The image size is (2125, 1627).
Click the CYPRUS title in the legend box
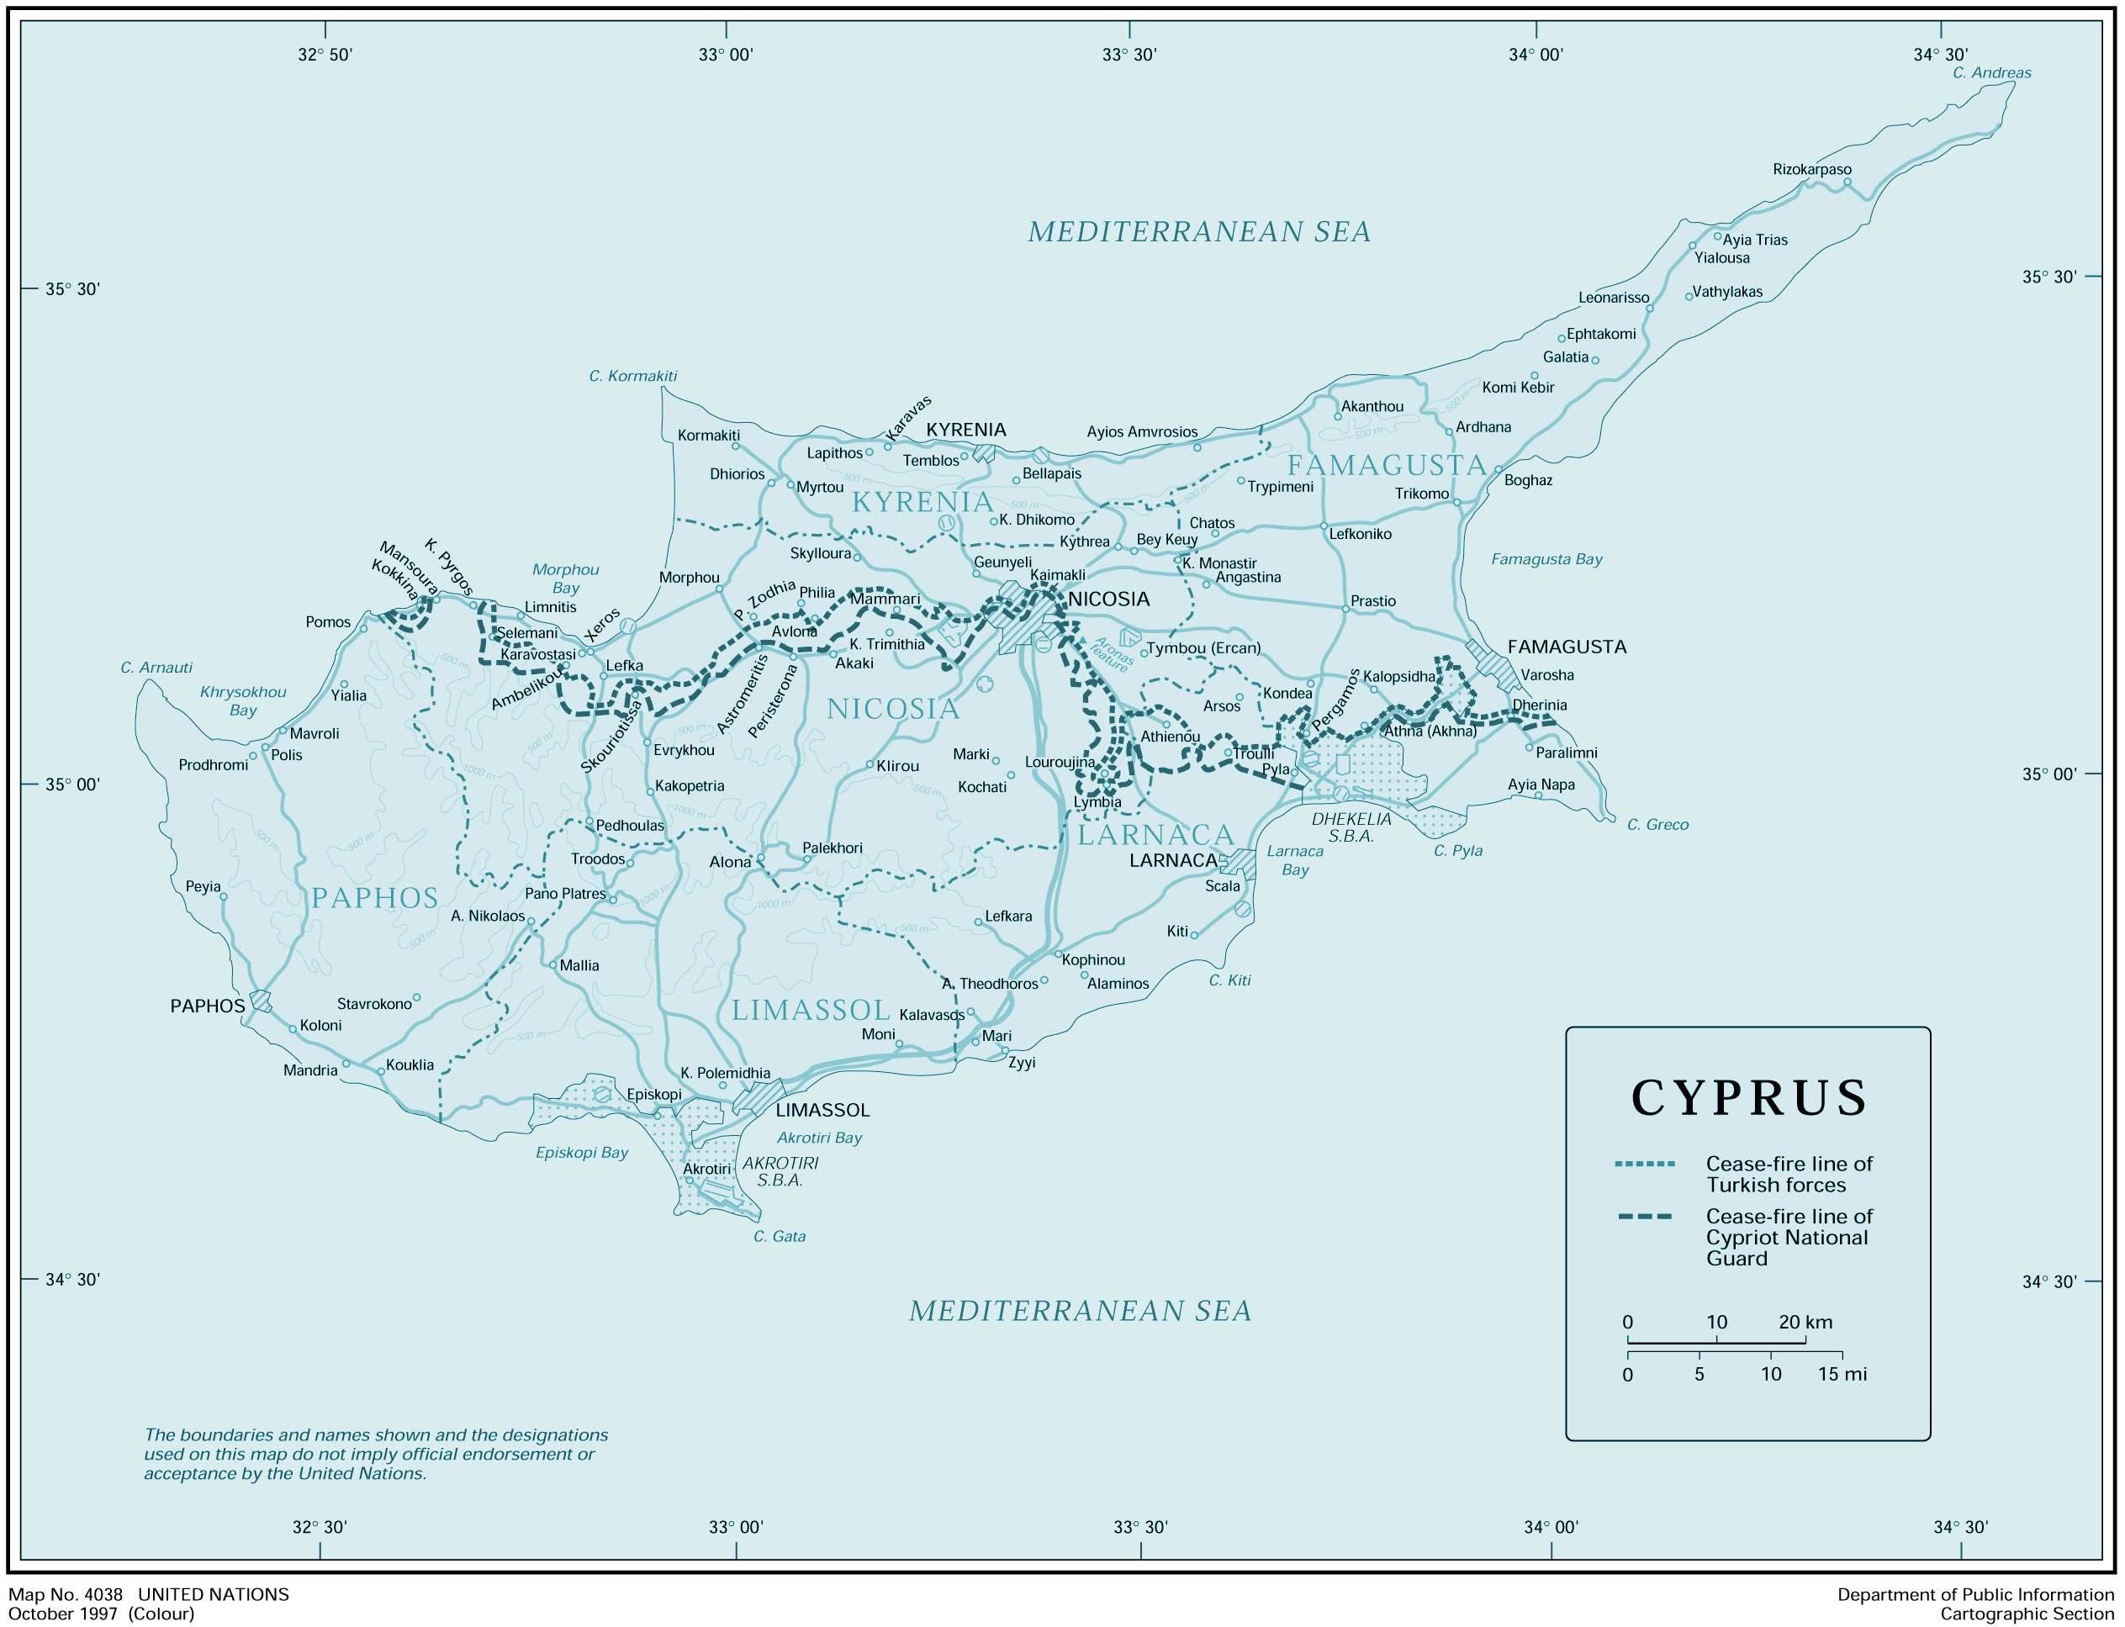point(1748,1098)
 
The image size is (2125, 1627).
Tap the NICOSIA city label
point(1108,600)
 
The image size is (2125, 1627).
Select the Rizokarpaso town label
point(1811,170)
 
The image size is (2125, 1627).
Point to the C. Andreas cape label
point(1991,72)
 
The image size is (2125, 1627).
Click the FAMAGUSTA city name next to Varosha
point(1566,647)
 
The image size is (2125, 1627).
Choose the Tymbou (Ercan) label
point(1203,648)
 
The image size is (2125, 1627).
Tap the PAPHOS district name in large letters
point(375,899)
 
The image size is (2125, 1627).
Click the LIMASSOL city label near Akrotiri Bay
point(822,1110)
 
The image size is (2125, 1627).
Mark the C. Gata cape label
point(779,1237)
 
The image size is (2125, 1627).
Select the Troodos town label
point(598,859)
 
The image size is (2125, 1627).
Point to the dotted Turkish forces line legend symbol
point(1645,1164)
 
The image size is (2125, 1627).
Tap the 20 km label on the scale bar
point(1805,1322)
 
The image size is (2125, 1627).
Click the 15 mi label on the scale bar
point(1842,1374)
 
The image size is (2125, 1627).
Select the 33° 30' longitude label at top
point(1129,55)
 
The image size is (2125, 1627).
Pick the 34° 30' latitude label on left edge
point(72,1280)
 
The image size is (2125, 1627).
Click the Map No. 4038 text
point(66,1594)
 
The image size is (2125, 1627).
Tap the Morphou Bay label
point(566,579)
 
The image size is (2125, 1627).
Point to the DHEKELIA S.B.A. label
point(1351,827)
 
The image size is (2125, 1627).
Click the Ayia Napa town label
point(1541,784)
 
